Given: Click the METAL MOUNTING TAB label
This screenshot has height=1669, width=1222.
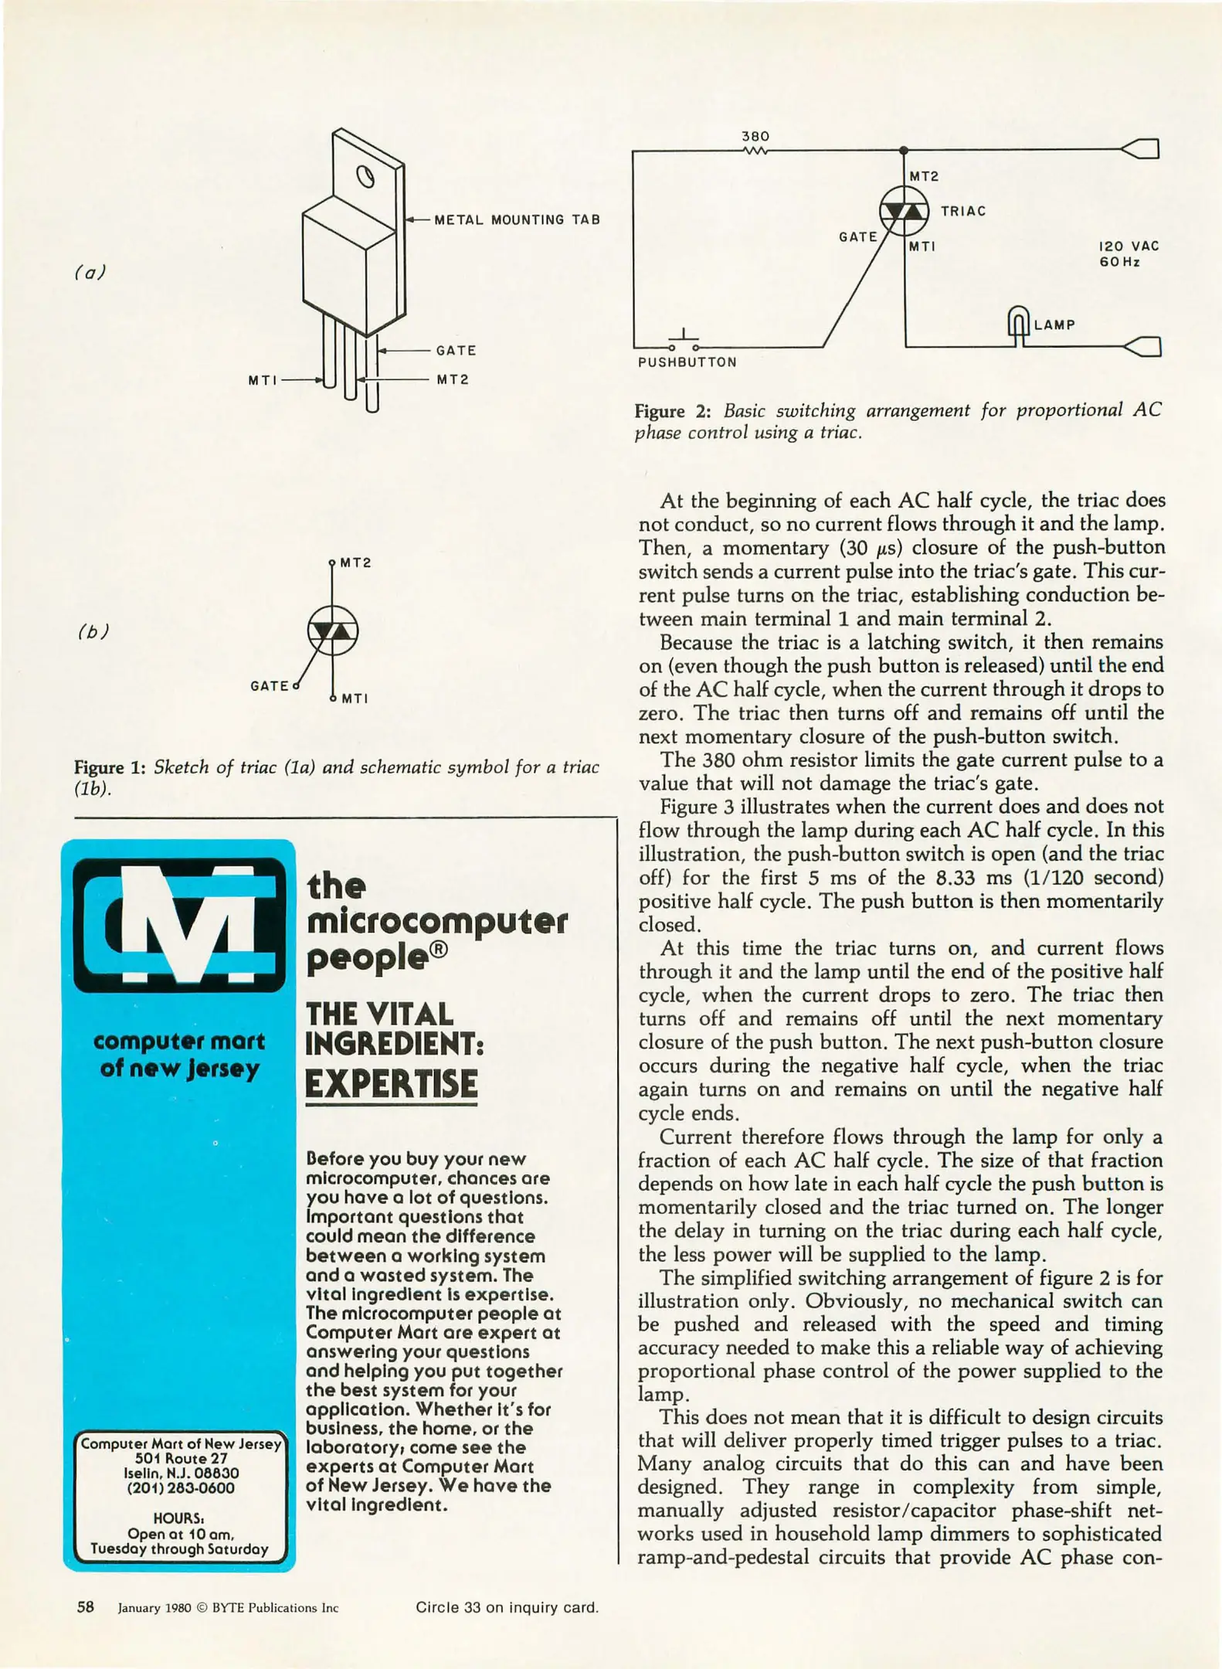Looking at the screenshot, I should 517,220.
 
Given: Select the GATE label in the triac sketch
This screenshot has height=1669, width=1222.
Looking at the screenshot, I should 456,351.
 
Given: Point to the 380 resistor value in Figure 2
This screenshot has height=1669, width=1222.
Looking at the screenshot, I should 755,136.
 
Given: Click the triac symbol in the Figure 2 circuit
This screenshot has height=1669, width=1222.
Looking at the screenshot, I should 904,210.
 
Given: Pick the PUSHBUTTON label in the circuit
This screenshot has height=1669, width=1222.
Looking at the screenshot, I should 687,362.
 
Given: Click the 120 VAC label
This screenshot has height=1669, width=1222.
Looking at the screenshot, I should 1129,246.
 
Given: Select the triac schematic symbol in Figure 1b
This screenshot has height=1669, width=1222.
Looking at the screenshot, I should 332,631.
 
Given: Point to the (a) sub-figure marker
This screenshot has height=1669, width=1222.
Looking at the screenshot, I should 90,273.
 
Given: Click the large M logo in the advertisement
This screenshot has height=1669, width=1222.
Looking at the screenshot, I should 179,924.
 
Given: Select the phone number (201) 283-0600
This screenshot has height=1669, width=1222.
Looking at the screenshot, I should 180,1487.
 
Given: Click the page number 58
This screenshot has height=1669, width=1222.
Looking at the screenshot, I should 86,1607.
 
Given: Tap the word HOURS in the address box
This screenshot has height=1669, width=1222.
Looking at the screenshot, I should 178,1518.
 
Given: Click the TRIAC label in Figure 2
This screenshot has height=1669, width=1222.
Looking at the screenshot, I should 962,212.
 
